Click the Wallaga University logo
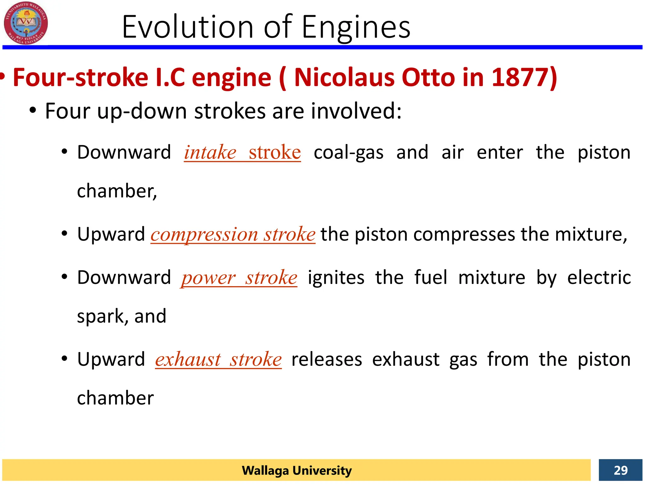(x=26, y=23)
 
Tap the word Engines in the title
(x=356, y=28)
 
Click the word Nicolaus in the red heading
(x=344, y=77)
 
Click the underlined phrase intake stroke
(x=242, y=153)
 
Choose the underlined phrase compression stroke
(x=233, y=234)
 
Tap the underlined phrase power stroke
(x=239, y=278)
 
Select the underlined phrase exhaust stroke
(x=218, y=360)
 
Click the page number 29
(x=620, y=470)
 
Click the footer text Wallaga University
(x=296, y=470)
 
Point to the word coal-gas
(x=348, y=153)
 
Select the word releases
(x=327, y=360)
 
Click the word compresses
(x=464, y=235)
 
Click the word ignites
(x=336, y=278)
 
